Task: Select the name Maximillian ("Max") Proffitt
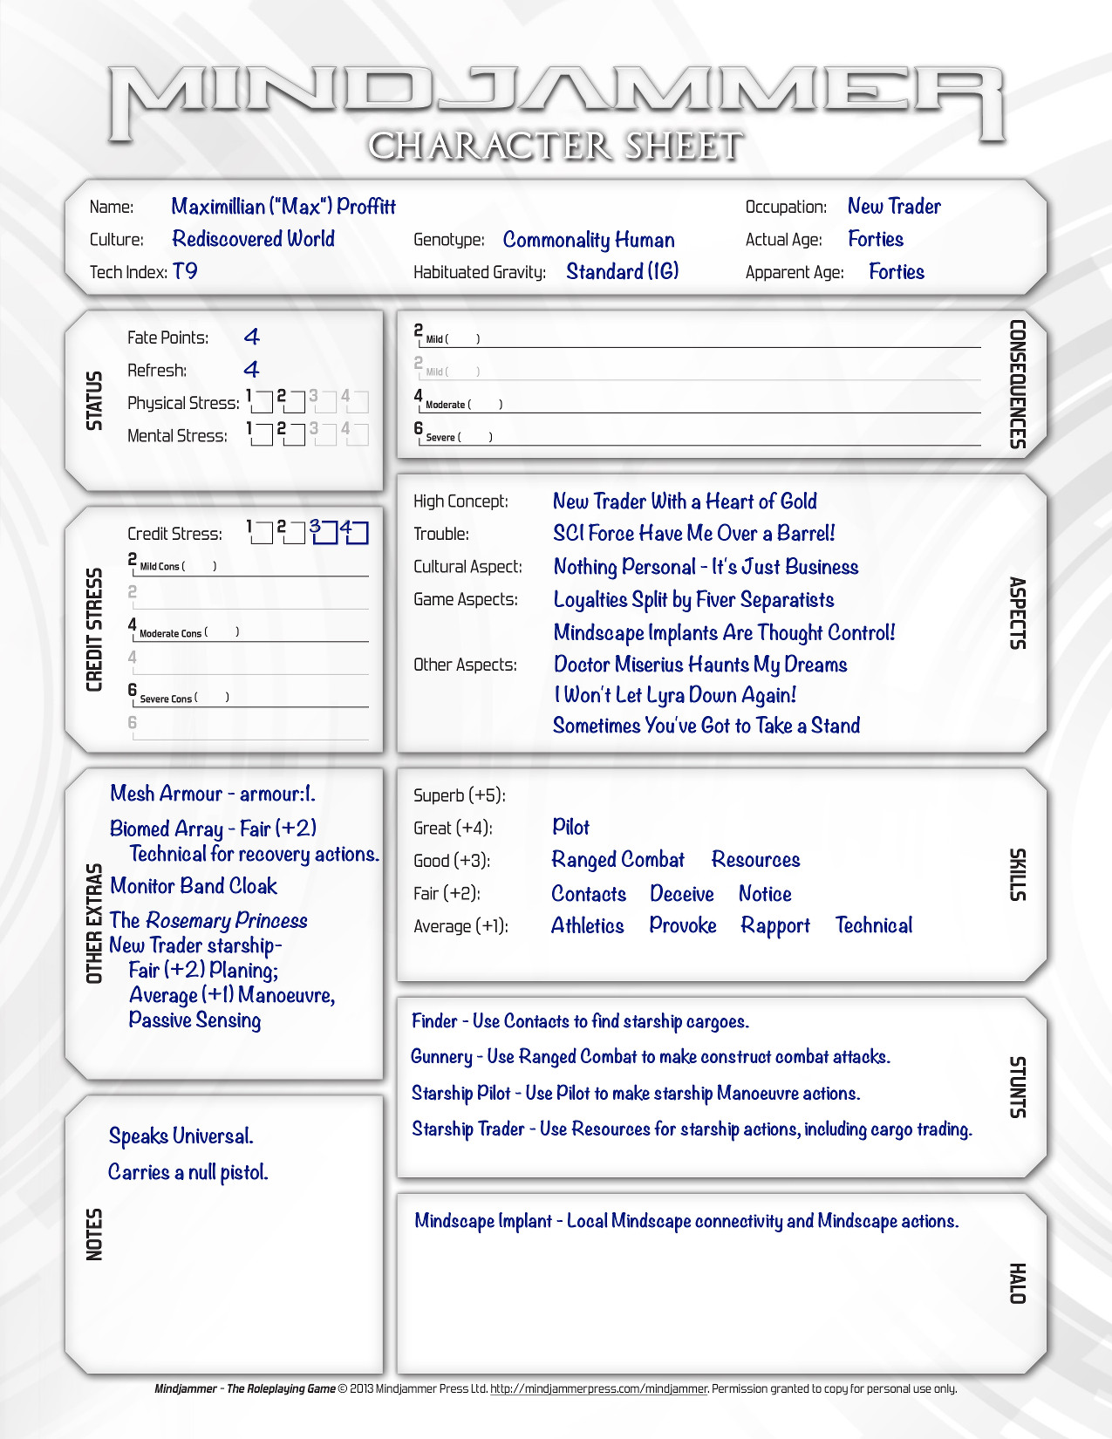click(283, 207)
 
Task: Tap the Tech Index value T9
click(185, 271)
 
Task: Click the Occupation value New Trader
click(894, 207)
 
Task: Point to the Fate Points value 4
click(252, 337)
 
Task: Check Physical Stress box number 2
click(295, 402)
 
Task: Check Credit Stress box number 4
click(358, 533)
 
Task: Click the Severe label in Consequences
click(440, 437)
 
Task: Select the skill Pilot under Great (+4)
click(570, 827)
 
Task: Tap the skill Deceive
click(681, 894)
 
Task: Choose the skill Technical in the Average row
click(873, 925)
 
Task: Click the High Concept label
click(460, 501)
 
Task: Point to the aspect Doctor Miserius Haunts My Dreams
click(700, 665)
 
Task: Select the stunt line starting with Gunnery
click(650, 1057)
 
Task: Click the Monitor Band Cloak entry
click(194, 886)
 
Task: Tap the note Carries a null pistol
click(188, 1172)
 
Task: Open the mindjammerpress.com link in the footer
click(598, 1388)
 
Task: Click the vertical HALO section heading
click(1017, 1283)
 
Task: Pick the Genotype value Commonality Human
click(589, 240)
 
